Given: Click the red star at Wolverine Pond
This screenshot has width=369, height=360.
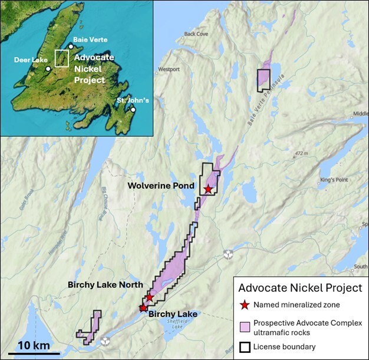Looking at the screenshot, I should click(208, 189).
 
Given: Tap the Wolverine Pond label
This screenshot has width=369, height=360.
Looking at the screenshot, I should click(159, 186).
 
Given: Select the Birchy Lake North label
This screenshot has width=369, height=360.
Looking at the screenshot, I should click(106, 285).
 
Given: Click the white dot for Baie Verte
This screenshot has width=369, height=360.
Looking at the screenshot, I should click(71, 47).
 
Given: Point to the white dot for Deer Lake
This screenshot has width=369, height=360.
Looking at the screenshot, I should click(48, 68).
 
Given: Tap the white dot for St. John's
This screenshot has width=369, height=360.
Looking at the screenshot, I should click(133, 110).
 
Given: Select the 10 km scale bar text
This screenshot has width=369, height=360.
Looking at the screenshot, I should click(31, 345).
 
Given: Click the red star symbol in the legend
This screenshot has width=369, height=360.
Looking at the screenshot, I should click(244, 305).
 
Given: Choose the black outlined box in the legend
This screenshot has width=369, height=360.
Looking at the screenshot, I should click(245, 347).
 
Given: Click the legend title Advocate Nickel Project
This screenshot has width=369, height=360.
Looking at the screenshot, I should click(299, 288).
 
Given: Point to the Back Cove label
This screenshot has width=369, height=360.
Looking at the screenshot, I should click(196, 34).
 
